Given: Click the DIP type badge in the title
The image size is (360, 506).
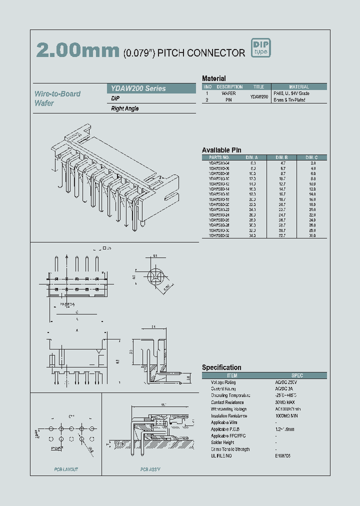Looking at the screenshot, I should coord(260,47).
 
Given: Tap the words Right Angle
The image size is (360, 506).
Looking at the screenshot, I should coord(125,108).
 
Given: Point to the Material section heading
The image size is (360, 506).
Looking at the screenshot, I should coord(213,78).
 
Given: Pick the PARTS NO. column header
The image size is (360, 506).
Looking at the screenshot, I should coord(219,157).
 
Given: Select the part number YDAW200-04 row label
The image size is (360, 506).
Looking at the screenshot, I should coord(219,163).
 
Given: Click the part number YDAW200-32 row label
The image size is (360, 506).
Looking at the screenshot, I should coord(219,235).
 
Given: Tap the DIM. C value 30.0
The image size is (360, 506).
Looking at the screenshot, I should coord(312,235).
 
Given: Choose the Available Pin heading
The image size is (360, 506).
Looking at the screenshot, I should coord(221,150).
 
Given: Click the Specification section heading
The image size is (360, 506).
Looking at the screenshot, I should coord(221,367).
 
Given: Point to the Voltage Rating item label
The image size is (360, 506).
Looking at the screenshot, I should coord(223,382).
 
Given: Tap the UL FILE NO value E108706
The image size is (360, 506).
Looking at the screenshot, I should coord(283,455).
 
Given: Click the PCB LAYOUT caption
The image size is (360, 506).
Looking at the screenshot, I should coord(66,469).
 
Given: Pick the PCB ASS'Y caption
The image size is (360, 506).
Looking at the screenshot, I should coord(151,469).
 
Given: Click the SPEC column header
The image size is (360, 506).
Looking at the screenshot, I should coord(297,375).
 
